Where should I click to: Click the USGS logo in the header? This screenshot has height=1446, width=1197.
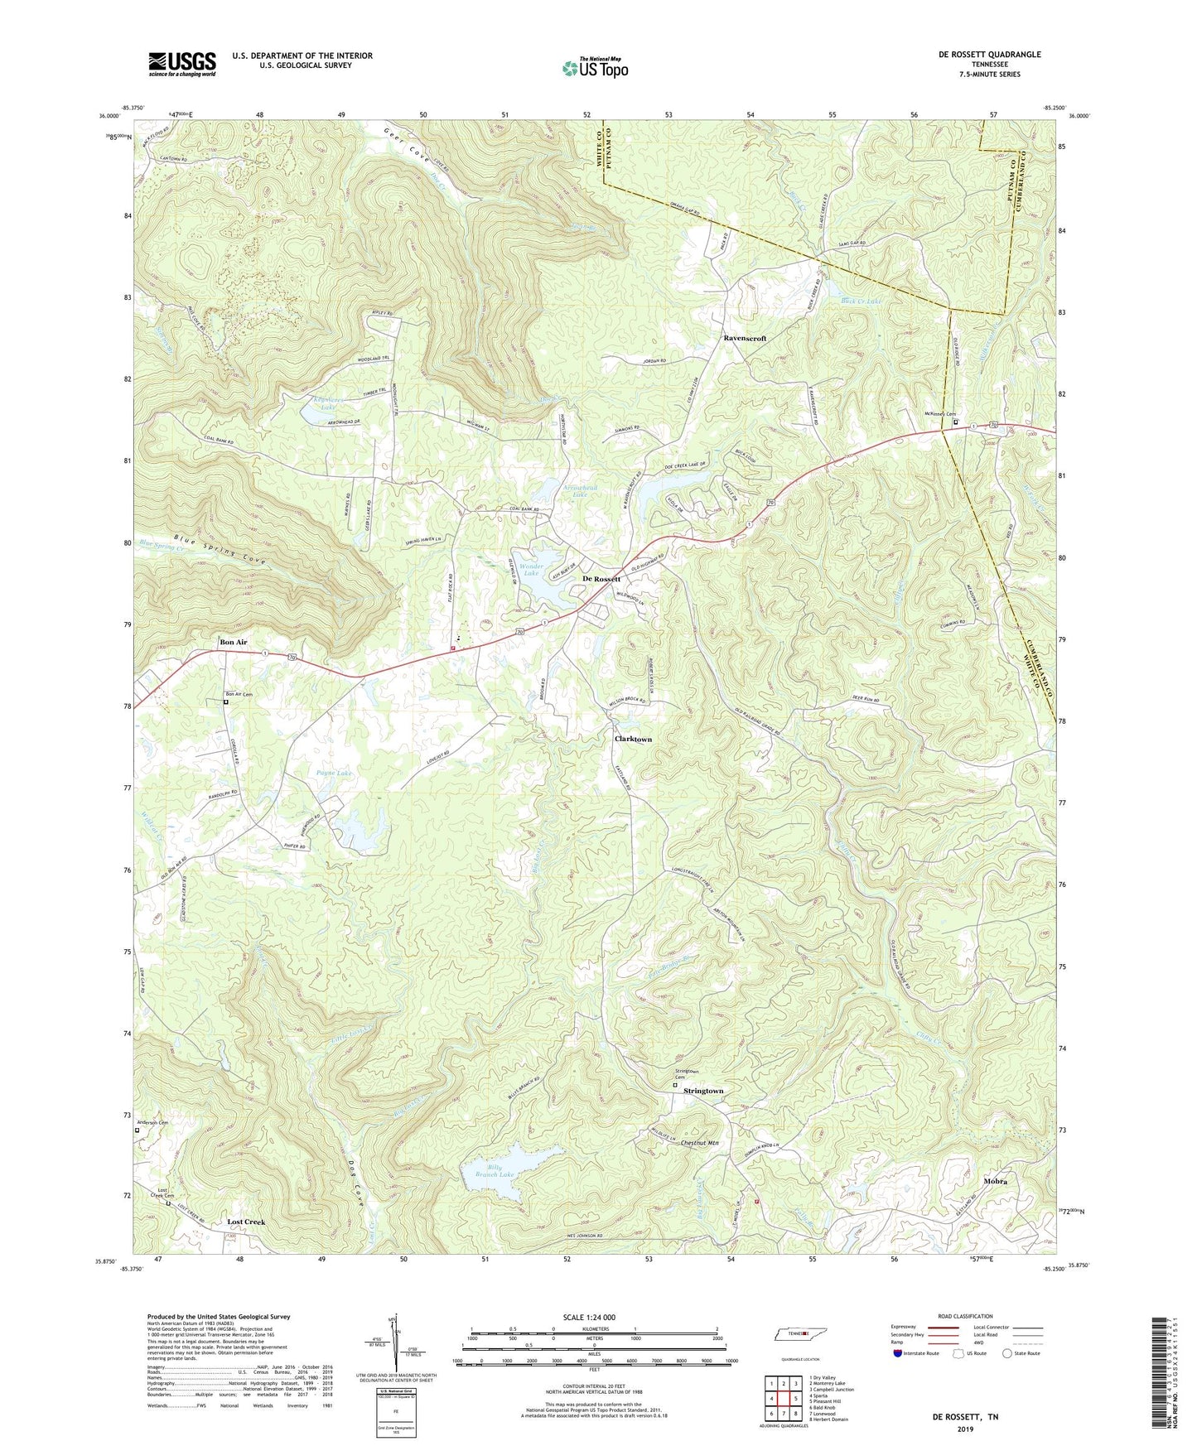click(181, 64)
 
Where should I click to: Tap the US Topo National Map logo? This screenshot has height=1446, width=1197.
click(594, 68)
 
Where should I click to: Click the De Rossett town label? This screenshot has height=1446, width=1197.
click(601, 578)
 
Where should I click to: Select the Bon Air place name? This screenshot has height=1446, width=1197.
click(233, 642)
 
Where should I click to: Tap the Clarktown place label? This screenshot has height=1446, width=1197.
click(633, 739)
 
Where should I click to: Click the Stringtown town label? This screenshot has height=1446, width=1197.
click(703, 1091)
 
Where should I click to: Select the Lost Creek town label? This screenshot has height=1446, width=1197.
click(246, 1222)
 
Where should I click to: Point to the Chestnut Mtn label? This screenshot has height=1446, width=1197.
click(699, 1143)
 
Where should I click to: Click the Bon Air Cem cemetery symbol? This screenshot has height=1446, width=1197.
click(225, 702)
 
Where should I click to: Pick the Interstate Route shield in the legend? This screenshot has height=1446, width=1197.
click(898, 1353)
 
